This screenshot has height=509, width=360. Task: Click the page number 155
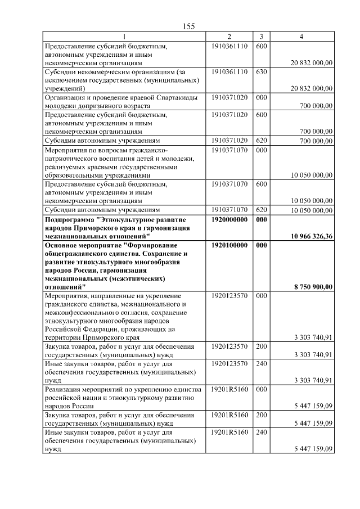click(x=189, y=26)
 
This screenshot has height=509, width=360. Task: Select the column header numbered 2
click(x=229, y=37)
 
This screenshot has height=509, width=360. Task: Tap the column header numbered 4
click(x=301, y=37)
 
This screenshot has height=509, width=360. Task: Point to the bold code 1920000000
click(x=229, y=220)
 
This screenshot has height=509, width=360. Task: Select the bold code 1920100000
click(x=229, y=245)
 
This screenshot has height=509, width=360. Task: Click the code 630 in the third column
click(x=261, y=72)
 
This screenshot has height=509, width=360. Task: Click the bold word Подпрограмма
click(x=69, y=220)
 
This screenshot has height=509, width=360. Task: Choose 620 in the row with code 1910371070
click(x=261, y=210)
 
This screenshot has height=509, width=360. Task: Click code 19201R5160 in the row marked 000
click(x=229, y=389)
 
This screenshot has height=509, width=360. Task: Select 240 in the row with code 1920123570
click(x=261, y=364)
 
